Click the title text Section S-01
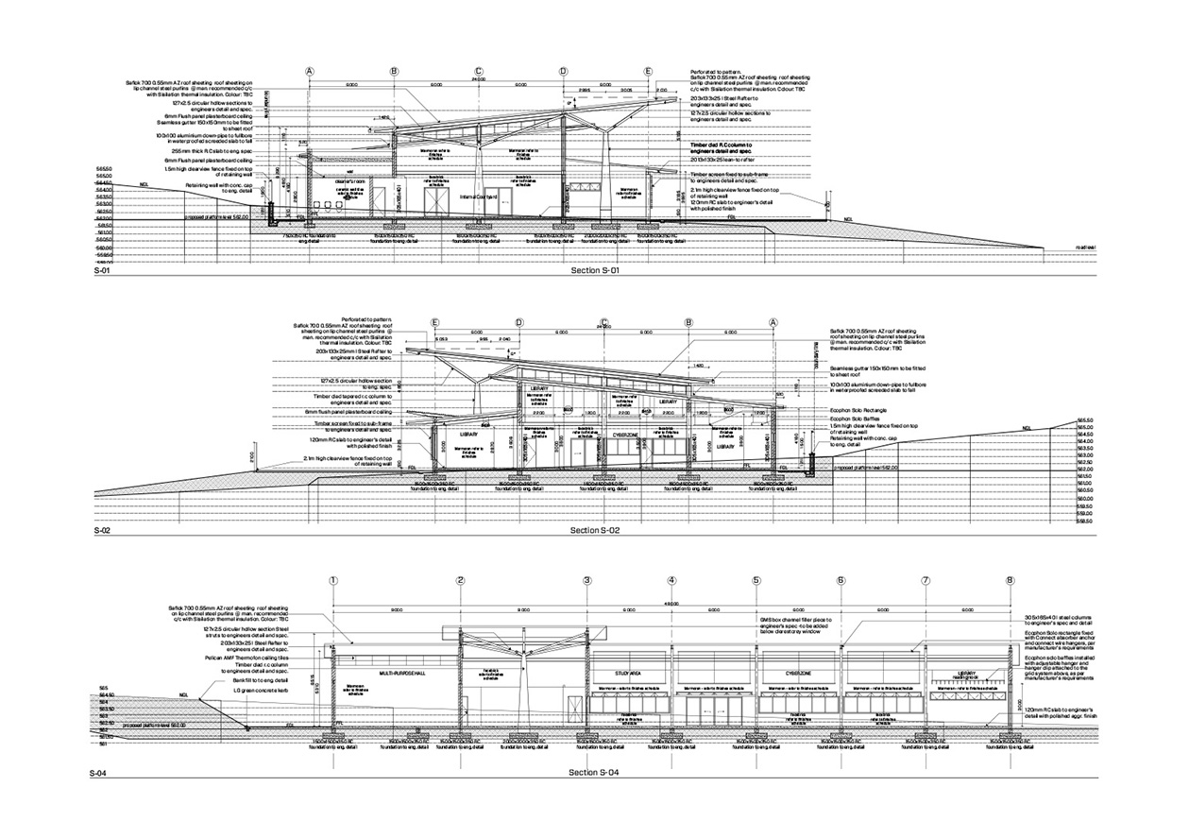[594, 272]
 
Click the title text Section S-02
[594, 532]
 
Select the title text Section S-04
[594, 774]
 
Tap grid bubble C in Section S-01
[479, 72]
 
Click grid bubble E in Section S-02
[435, 322]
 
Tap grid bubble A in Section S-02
[773, 322]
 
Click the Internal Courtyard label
[479, 197]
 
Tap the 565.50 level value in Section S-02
[1085, 418]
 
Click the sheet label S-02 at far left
[103, 532]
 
